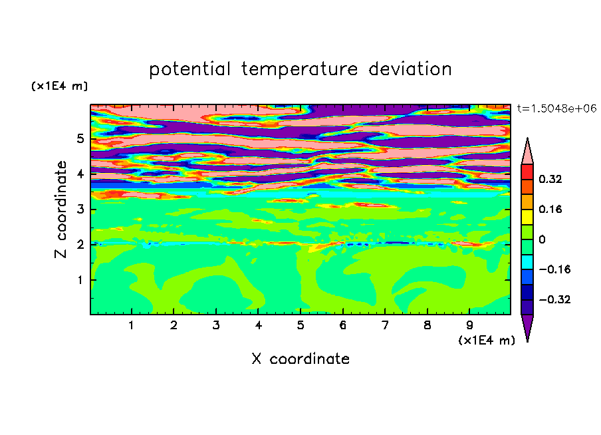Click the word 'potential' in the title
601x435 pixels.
tap(189, 70)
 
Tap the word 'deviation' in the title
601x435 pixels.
tap(410, 69)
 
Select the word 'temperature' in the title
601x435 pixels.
tap(300, 70)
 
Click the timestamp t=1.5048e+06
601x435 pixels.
tap(556, 108)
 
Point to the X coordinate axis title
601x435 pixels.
tap(300, 359)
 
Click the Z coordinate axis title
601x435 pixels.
tap(60, 210)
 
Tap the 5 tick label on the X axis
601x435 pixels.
tap(300, 325)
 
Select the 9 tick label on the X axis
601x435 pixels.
tap(469, 325)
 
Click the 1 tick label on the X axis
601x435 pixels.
tap(132, 325)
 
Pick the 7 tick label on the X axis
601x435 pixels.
tap(385, 325)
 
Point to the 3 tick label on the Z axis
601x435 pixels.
tap(80, 210)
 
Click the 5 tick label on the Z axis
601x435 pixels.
tap(80, 138)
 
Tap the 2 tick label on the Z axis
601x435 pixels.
tap(80, 244)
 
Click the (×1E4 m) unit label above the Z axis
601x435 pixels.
tap(59, 86)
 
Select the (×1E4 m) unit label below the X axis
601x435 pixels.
tap(487, 341)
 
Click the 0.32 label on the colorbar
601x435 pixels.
tap(550, 179)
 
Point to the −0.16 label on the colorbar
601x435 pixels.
tap(554, 269)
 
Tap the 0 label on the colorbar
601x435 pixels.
tap(542, 239)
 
